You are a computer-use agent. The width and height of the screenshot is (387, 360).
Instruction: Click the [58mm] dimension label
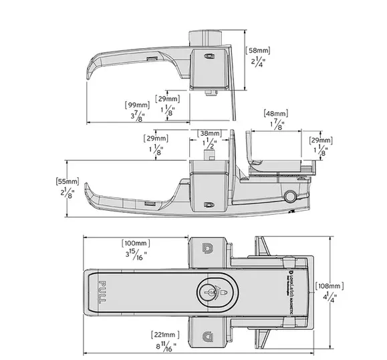(258, 50)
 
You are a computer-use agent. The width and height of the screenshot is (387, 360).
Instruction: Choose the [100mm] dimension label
(135, 242)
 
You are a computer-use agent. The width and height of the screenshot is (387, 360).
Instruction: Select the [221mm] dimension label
(164, 334)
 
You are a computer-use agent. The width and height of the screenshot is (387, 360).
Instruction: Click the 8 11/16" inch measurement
(165, 347)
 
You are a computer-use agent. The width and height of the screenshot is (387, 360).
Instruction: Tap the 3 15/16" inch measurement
(136, 255)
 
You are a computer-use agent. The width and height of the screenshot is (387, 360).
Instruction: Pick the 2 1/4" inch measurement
(258, 64)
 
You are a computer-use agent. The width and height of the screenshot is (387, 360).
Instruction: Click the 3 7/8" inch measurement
(138, 117)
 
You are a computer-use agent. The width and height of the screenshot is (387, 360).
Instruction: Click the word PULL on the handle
(102, 292)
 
